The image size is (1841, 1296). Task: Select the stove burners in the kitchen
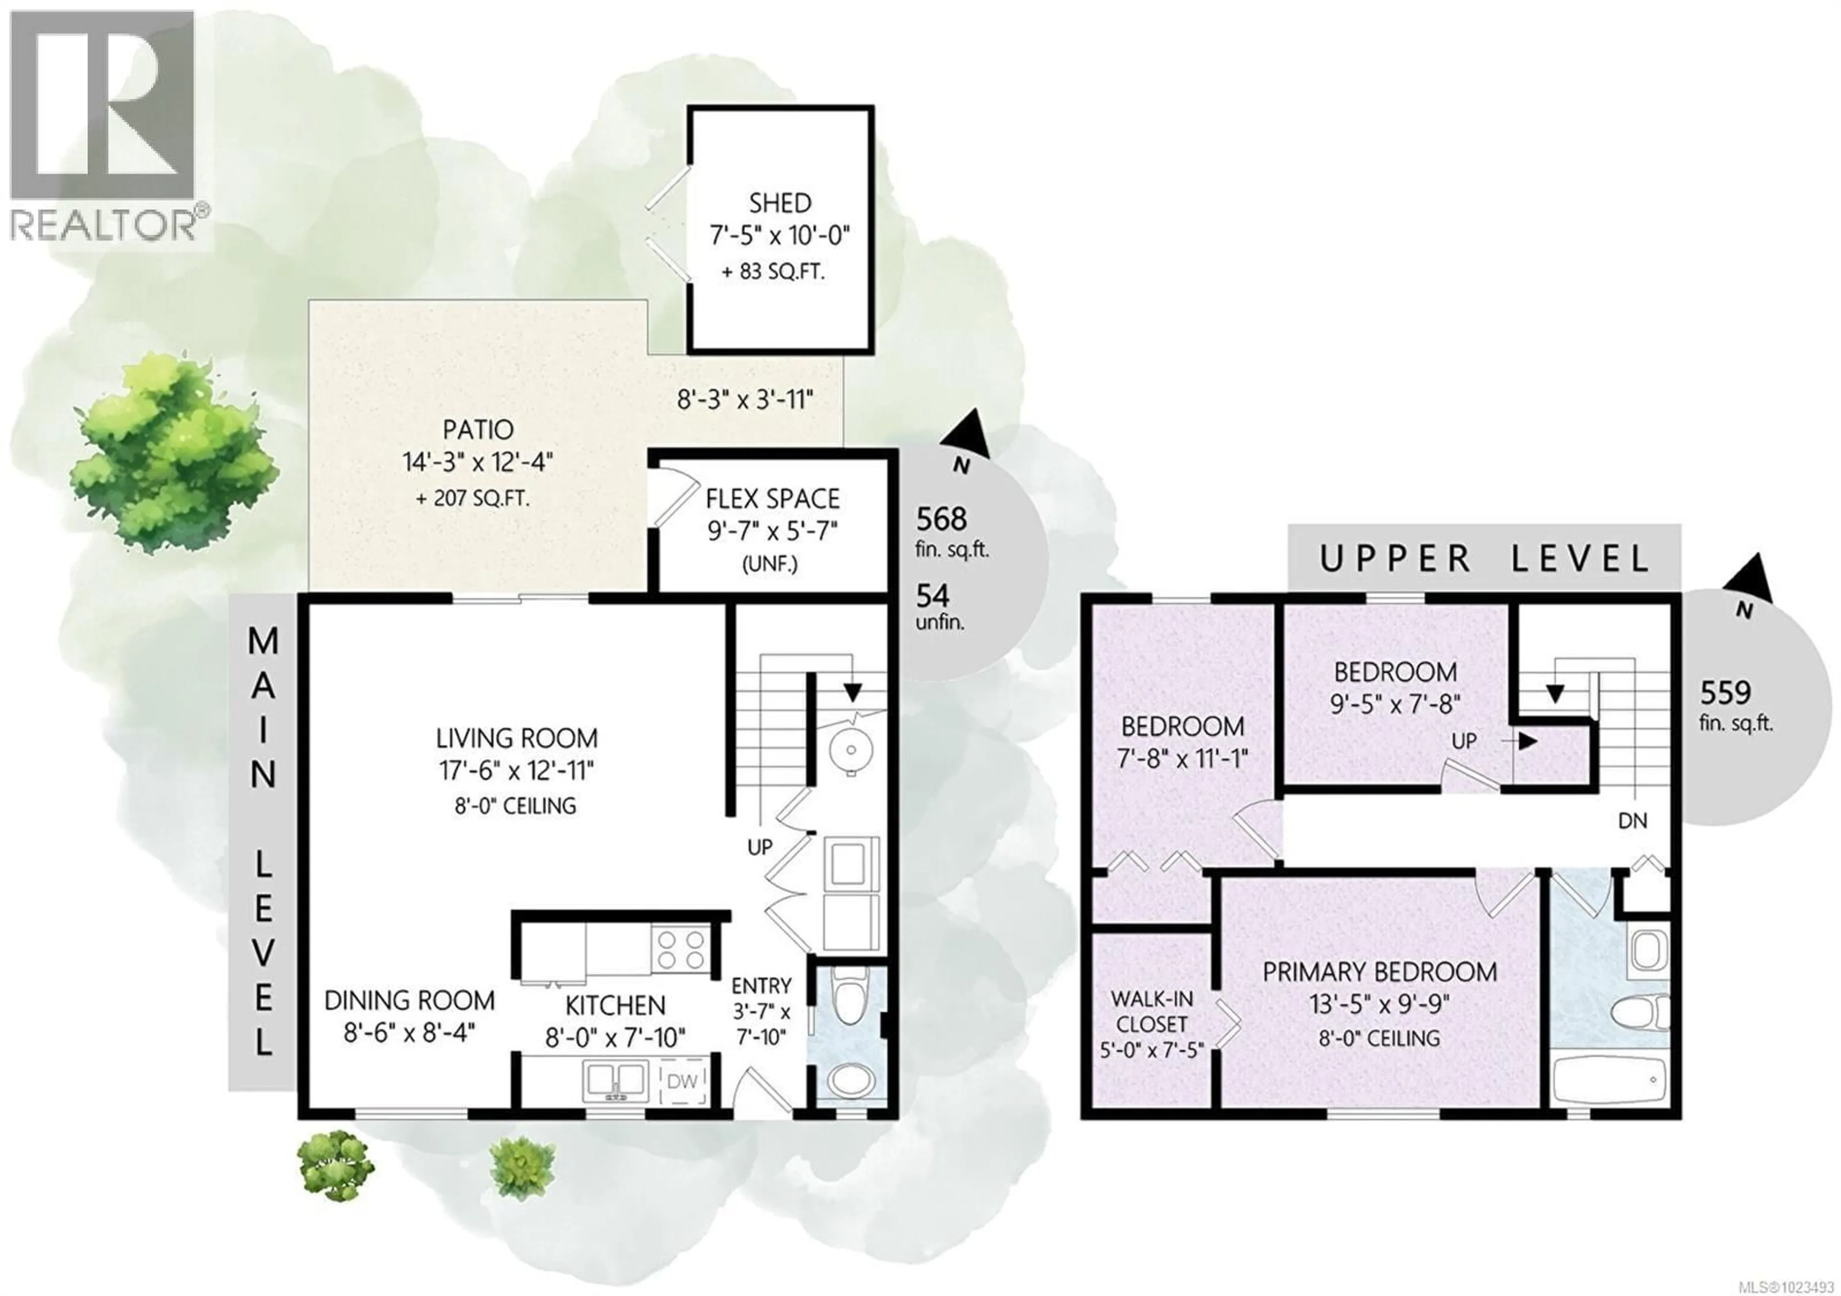[680, 950]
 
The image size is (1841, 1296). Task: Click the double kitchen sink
[615, 1082]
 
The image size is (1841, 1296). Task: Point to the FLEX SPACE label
[772, 499]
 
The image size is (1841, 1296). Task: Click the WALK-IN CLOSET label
[1152, 1011]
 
